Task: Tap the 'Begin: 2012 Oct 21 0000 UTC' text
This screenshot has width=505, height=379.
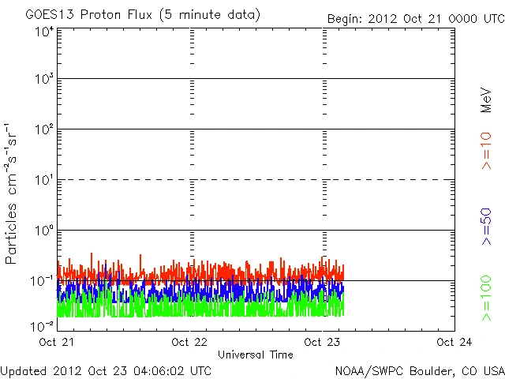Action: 413,18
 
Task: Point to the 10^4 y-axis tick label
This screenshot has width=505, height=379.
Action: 43,32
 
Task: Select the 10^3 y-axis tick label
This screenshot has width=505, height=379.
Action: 43,79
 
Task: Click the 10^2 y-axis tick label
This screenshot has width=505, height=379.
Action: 43,129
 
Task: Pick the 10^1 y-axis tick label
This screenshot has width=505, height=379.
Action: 43,180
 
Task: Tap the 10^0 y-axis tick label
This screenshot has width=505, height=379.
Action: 43,231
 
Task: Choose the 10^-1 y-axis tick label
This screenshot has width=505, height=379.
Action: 43,280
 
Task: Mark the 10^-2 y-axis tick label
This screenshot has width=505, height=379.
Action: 43,325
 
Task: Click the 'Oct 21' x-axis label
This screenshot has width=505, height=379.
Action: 58,343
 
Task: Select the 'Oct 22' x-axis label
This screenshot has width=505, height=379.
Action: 190,343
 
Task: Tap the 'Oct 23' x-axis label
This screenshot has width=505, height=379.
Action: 323,343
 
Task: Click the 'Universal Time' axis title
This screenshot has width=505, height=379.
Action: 256,355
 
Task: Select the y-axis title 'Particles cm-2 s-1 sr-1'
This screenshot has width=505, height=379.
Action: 12,194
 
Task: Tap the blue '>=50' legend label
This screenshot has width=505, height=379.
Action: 487,227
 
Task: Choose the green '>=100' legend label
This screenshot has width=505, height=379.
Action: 487,298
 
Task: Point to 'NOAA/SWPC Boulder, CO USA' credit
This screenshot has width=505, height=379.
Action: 419,370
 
